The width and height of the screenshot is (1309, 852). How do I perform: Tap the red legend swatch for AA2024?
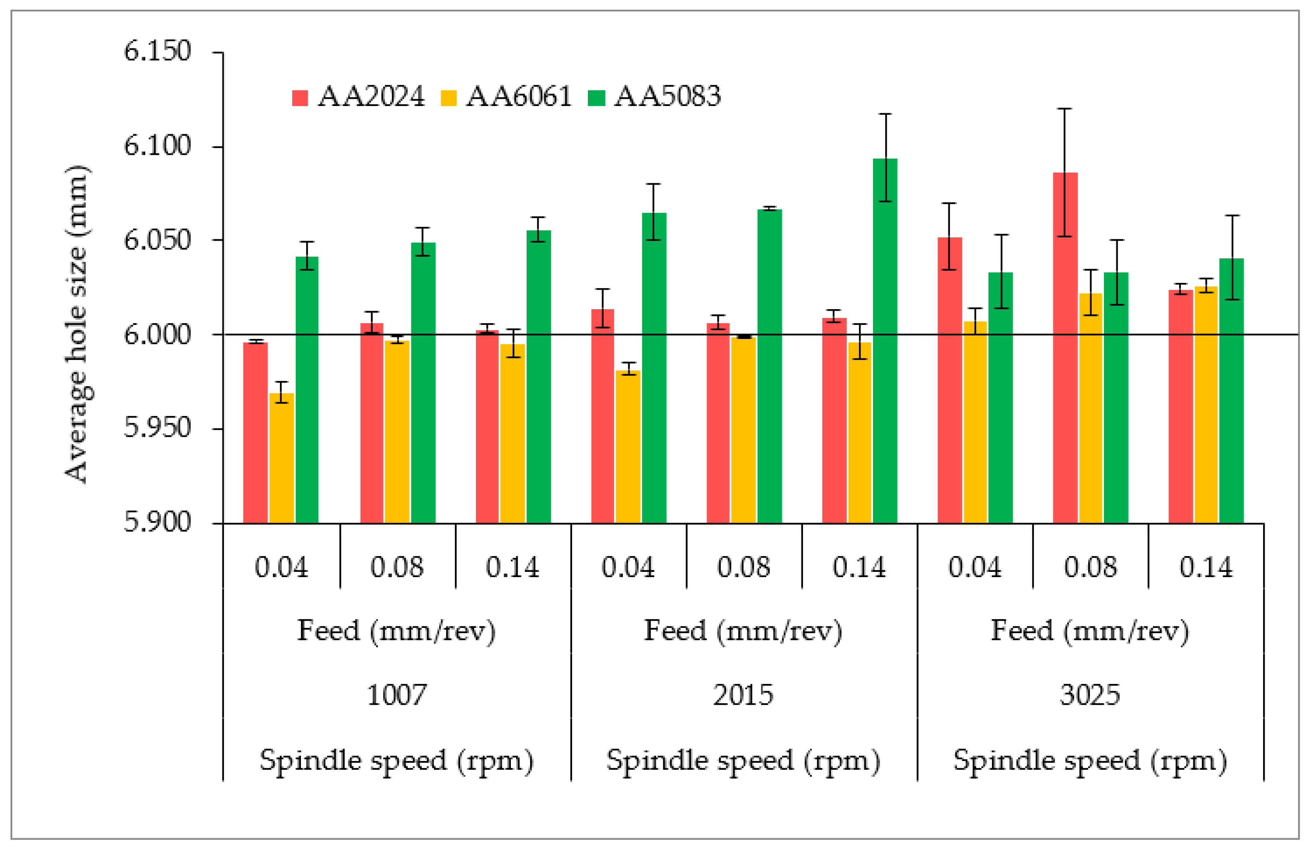[x=300, y=98]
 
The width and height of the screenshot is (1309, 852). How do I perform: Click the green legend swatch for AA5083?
[x=596, y=98]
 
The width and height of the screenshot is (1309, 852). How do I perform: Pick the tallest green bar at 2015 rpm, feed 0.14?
[x=885, y=341]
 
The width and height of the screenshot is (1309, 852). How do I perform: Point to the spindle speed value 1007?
[x=396, y=695]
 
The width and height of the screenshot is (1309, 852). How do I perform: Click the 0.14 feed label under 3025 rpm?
[x=1205, y=567]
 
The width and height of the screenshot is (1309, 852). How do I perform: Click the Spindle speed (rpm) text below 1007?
[x=396, y=761]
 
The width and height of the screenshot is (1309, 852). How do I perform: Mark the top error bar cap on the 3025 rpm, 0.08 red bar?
[x=1065, y=109]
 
